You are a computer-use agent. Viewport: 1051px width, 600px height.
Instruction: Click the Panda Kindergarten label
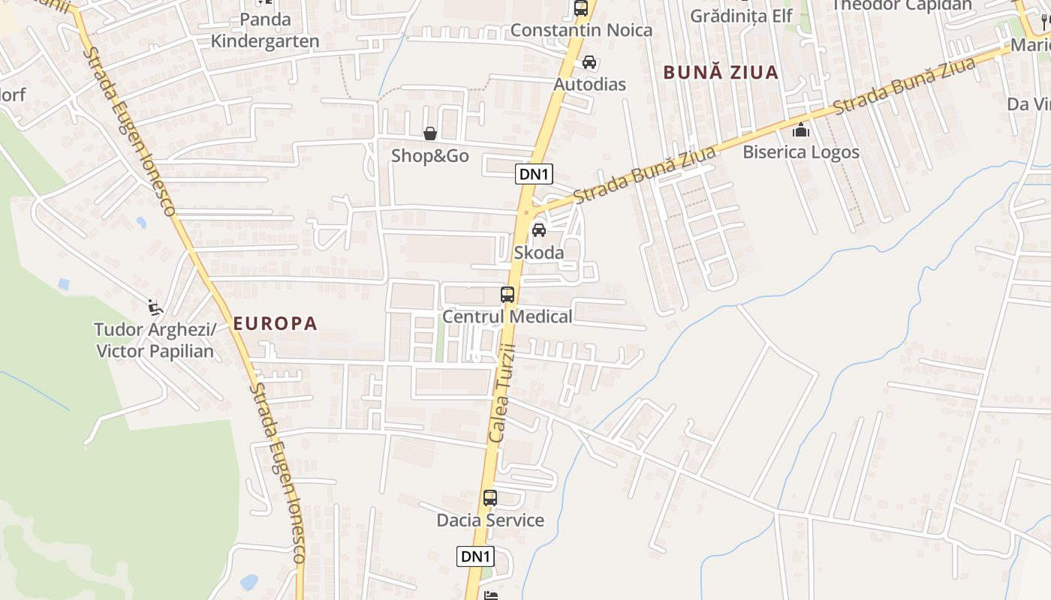point(265,30)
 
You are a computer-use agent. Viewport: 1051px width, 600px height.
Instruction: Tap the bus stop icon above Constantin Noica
point(580,8)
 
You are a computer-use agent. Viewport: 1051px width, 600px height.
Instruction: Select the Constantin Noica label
point(581,31)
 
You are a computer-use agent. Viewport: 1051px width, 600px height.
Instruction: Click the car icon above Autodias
point(589,62)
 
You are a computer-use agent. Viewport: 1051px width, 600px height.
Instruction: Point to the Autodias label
point(589,84)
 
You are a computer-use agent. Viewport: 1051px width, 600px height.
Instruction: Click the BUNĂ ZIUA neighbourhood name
point(721,73)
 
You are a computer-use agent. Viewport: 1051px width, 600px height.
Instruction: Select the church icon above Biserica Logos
point(801,130)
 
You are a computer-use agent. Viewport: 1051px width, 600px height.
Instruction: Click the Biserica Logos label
point(801,152)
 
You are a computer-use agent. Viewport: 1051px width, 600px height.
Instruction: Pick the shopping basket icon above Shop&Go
point(430,134)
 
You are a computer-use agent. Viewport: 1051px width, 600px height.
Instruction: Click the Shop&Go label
point(430,156)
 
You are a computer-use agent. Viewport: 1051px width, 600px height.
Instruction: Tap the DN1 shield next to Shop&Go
point(535,175)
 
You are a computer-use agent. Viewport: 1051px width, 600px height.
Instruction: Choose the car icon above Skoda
point(538,230)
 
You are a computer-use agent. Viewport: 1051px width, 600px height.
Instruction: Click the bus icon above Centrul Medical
point(507,295)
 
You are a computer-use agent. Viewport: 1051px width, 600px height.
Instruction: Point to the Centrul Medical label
point(507,316)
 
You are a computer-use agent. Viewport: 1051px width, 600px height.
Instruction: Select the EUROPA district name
point(276,324)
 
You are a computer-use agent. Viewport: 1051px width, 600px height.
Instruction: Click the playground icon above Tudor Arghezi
point(155,307)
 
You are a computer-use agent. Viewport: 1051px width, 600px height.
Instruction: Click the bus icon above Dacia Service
point(490,498)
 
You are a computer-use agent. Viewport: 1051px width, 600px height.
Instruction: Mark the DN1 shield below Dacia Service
point(476,556)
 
